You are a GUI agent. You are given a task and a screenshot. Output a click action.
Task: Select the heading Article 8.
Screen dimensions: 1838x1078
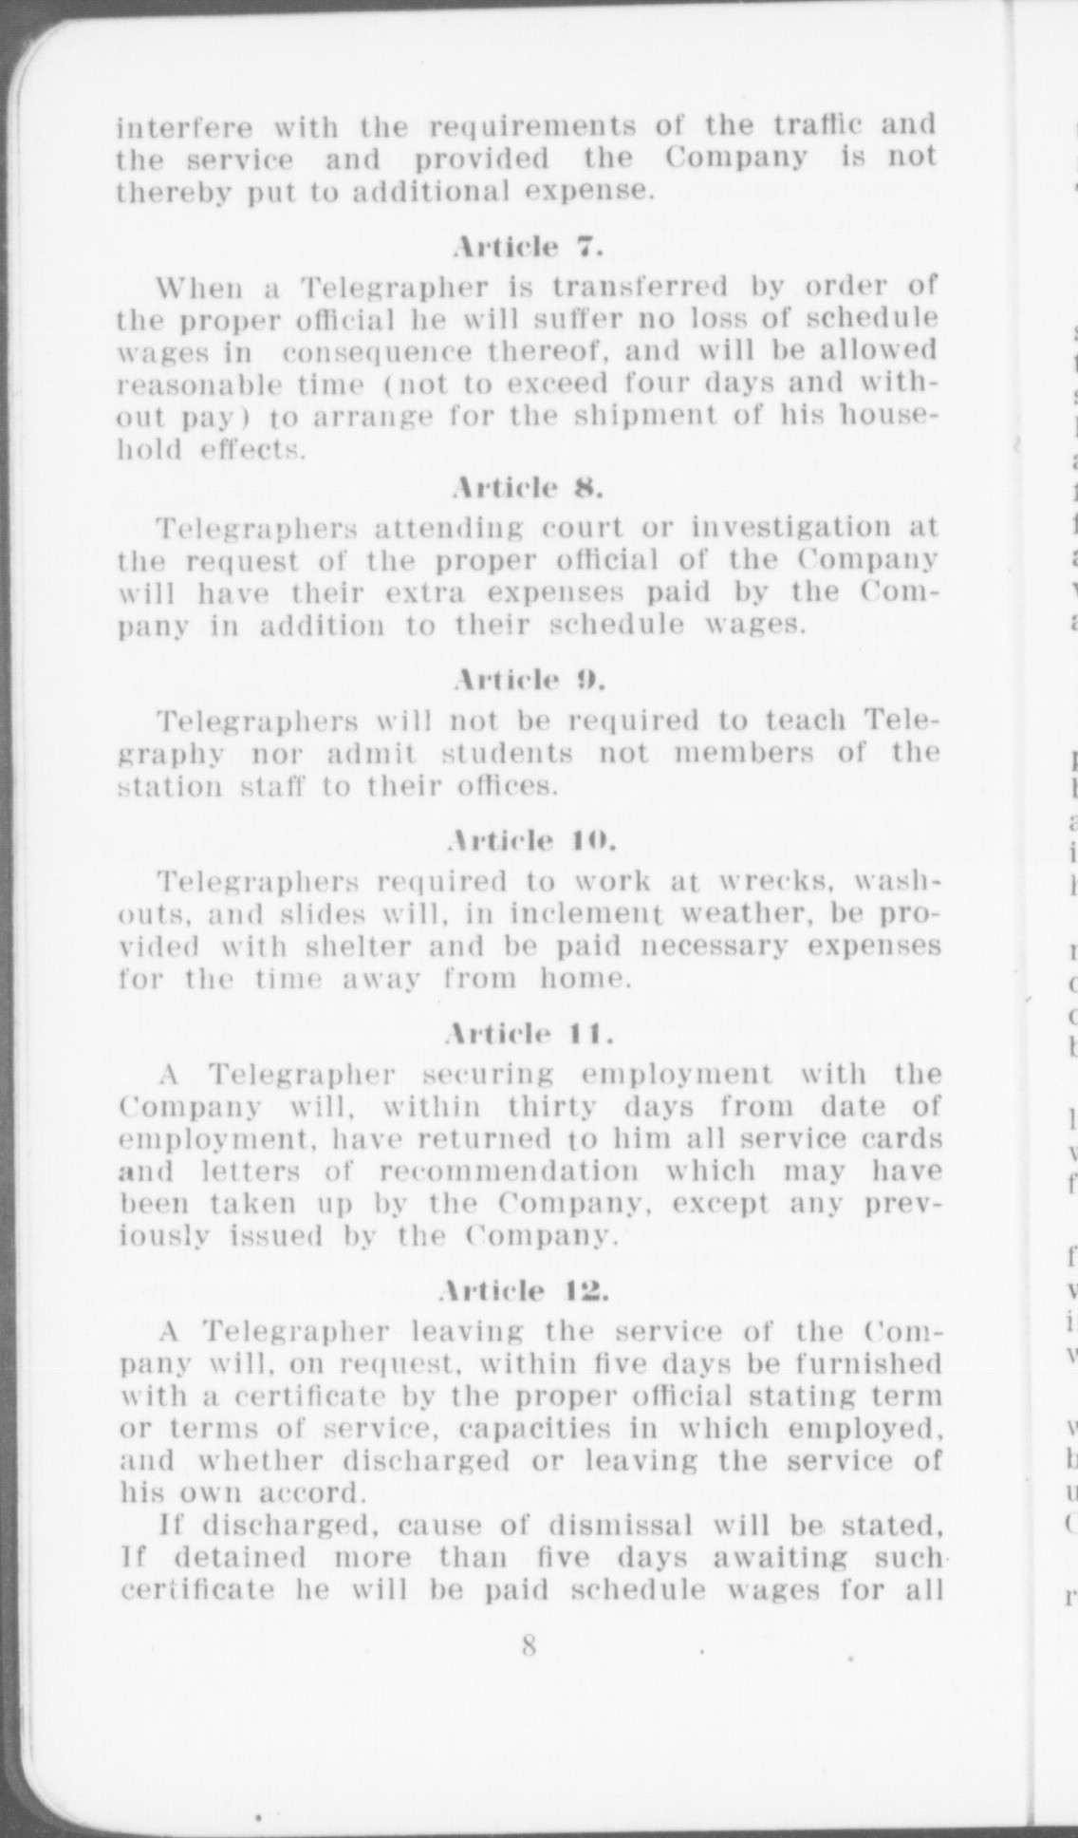[528, 487]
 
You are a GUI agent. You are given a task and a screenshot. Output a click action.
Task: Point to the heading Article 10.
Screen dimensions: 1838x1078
[530, 840]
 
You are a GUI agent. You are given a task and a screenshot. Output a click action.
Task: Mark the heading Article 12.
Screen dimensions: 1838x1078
[528, 1290]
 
